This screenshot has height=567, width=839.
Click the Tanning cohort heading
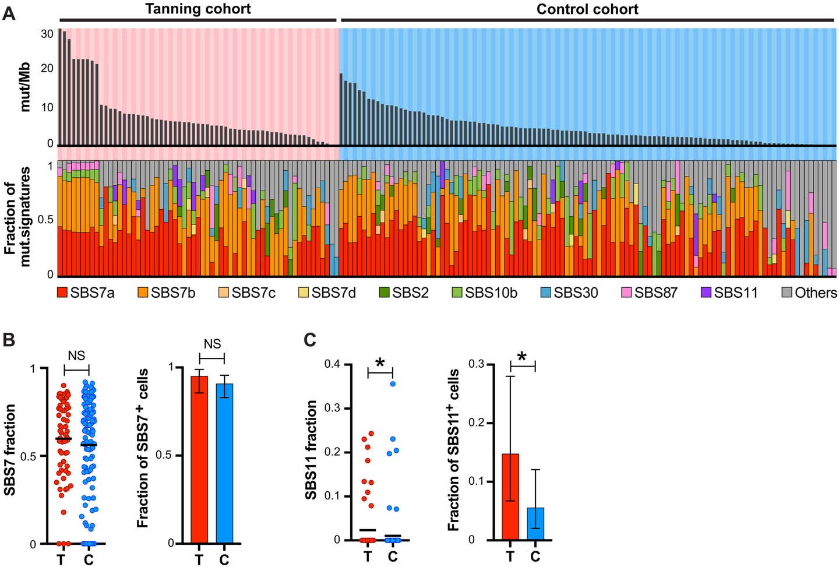click(198, 9)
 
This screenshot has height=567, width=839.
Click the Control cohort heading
click(587, 9)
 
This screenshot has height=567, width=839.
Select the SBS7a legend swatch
click(62, 293)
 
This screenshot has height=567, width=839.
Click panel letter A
click(9, 13)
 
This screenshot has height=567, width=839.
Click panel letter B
click(9, 340)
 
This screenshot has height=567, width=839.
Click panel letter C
click(311, 340)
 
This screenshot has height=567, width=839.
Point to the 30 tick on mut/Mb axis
click(47, 34)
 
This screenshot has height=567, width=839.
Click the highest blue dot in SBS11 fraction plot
click(393, 383)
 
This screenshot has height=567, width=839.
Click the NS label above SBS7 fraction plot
click(76, 356)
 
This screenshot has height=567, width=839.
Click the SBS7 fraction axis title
click(10, 450)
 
